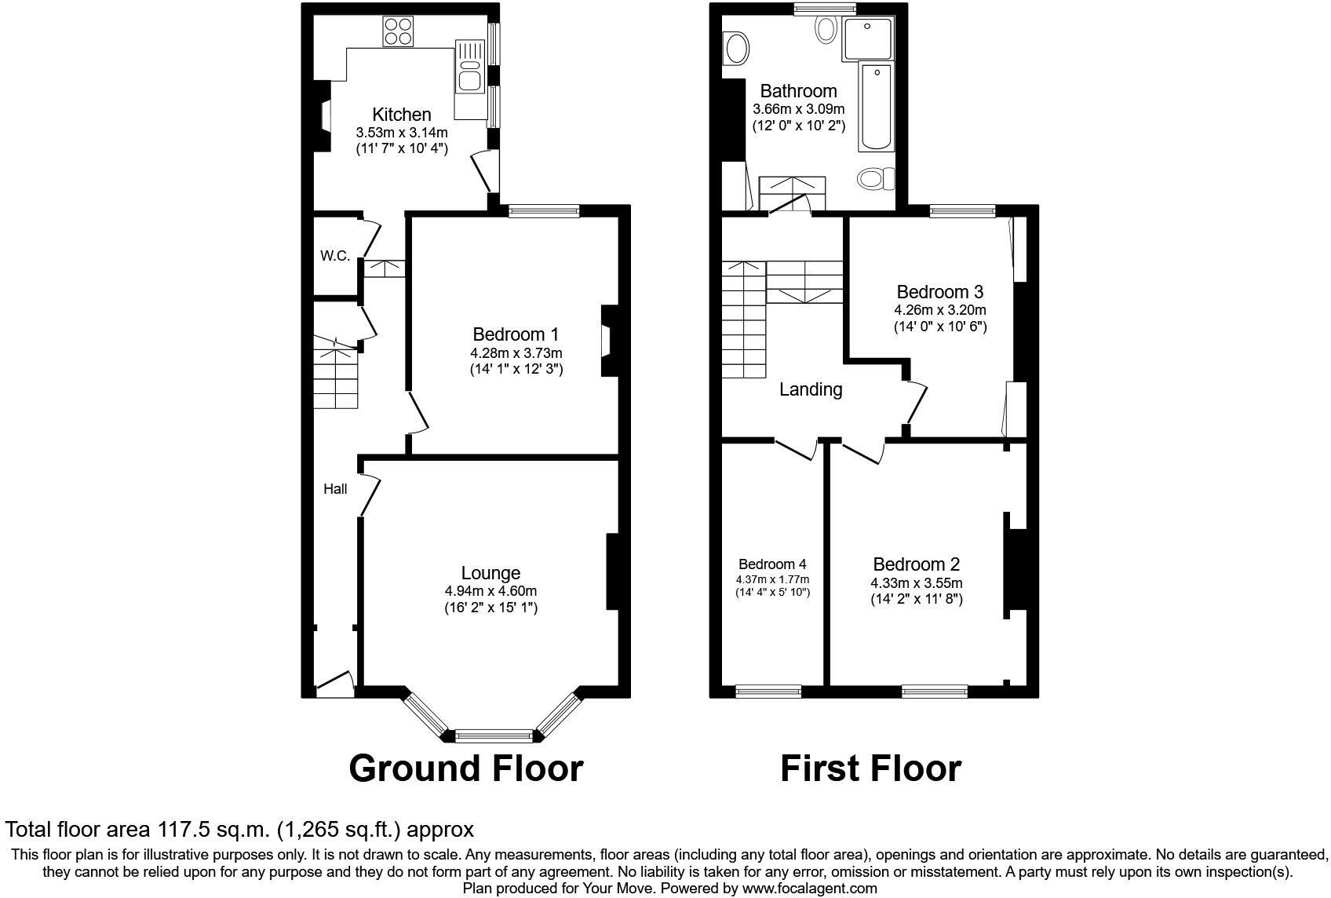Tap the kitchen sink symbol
tap(469, 75)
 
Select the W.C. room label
tap(335, 256)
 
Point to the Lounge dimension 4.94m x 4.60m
tap(490, 591)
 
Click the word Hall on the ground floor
tap(335, 489)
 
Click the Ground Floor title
tap(466, 768)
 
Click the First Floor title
tap(870, 768)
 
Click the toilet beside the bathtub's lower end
tap(876, 178)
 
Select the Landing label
tap(811, 389)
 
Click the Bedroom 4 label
tap(772, 564)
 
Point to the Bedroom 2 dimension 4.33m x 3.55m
tap(916, 583)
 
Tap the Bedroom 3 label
tap(939, 292)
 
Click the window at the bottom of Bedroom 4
tap(768, 692)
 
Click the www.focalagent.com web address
tap(809, 889)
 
